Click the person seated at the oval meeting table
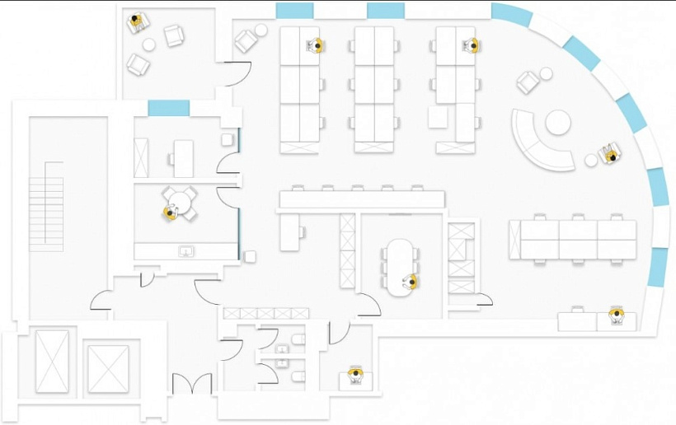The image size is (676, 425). (410, 283)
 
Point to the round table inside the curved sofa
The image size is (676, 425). (558, 124)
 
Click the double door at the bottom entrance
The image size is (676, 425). (191, 384)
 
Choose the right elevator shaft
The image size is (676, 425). (109, 367)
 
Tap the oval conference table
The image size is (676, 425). (401, 264)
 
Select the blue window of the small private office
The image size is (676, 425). (168, 108)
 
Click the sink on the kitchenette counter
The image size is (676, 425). (186, 250)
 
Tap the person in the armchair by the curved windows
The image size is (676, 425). (610, 152)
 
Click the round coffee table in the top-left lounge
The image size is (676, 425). (148, 44)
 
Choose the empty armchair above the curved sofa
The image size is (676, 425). (528, 82)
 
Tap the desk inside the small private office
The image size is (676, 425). (183, 158)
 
